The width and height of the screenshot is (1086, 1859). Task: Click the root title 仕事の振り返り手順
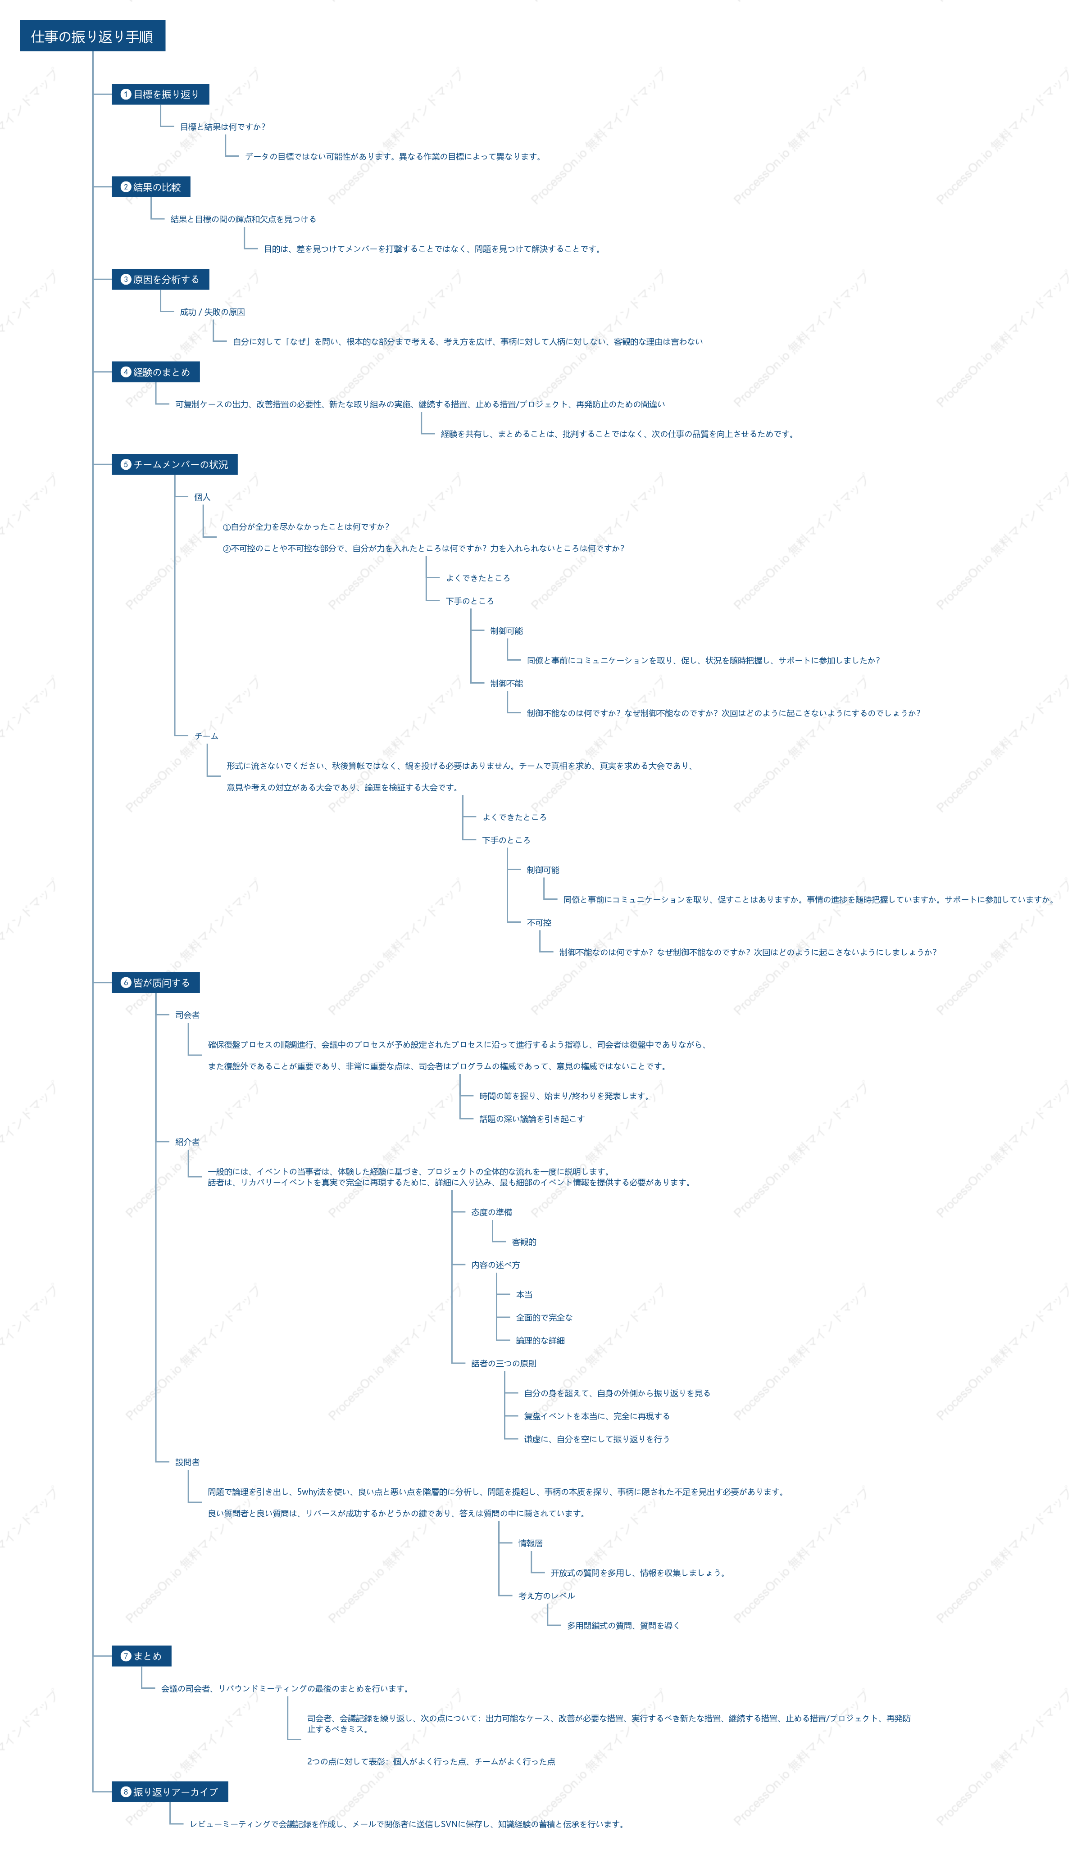tap(92, 36)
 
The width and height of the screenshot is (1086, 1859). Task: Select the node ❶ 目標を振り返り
tap(160, 95)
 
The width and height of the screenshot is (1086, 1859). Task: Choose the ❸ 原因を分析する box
tap(160, 280)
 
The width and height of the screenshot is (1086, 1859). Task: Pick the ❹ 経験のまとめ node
tap(156, 372)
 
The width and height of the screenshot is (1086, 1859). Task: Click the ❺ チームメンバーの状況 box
tap(175, 465)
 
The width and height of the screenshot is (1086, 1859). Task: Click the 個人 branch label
tap(202, 497)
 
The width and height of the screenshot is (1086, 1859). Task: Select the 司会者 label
tap(187, 1015)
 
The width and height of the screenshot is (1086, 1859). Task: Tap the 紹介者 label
tap(187, 1142)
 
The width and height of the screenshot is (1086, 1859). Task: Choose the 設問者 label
tap(187, 1462)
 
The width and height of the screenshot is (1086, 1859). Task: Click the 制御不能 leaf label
tap(506, 684)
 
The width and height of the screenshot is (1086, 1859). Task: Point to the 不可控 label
tap(539, 923)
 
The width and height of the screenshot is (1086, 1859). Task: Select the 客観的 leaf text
tap(524, 1242)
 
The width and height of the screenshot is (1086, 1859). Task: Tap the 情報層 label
tap(531, 1543)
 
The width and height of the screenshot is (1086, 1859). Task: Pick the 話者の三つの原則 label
tap(504, 1363)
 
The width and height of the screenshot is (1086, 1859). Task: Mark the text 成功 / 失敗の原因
tap(213, 312)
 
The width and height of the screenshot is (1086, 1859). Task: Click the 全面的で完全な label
tap(544, 1318)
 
